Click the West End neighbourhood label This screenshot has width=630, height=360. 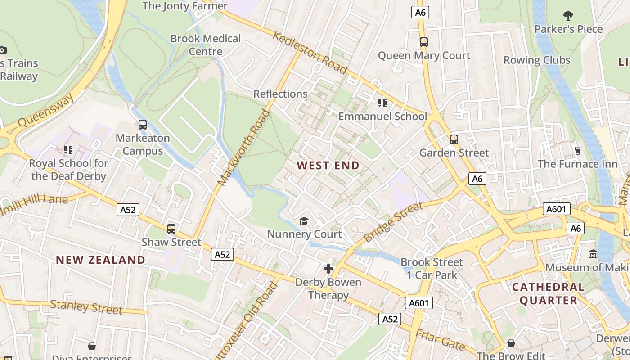pyautogui.click(x=328, y=166)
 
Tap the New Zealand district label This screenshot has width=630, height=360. pyautogui.click(x=100, y=260)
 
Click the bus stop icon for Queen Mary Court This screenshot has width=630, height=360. pyautogui.click(x=423, y=42)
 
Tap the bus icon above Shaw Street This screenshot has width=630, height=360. pyautogui.click(x=171, y=229)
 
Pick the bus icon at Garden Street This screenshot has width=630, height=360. pyautogui.click(x=454, y=139)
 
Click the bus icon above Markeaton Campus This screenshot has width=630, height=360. pyautogui.click(x=143, y=125)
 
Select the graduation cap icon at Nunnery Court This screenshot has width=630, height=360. pyautogui.click(x=304, y=221)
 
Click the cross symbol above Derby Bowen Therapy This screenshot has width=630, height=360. pyautogui.click(x=328, y=269)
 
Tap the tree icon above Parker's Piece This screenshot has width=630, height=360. pyautogui.click(x=568, y=16)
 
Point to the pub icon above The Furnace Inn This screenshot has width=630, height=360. pyautogui.click(x=578, y=150)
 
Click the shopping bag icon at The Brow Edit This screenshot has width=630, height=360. pyautogui.click(x=511, y=343)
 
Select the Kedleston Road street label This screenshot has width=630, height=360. pyautogui.click(x=310, y=53)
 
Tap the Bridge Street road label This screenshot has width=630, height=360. pyautogui.click(x=393, y=222)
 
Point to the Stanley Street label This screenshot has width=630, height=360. pyautogui.click(x=86, y=307)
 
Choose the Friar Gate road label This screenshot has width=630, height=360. pyautogui.click(x=440, y=340)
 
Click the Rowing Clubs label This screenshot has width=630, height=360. pyautogui.click(x=536, y=60)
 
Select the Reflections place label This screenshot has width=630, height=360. pyautogui.click(x=280, y=94)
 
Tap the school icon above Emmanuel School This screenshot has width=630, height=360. pyautogui.click(x=382, y=103)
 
